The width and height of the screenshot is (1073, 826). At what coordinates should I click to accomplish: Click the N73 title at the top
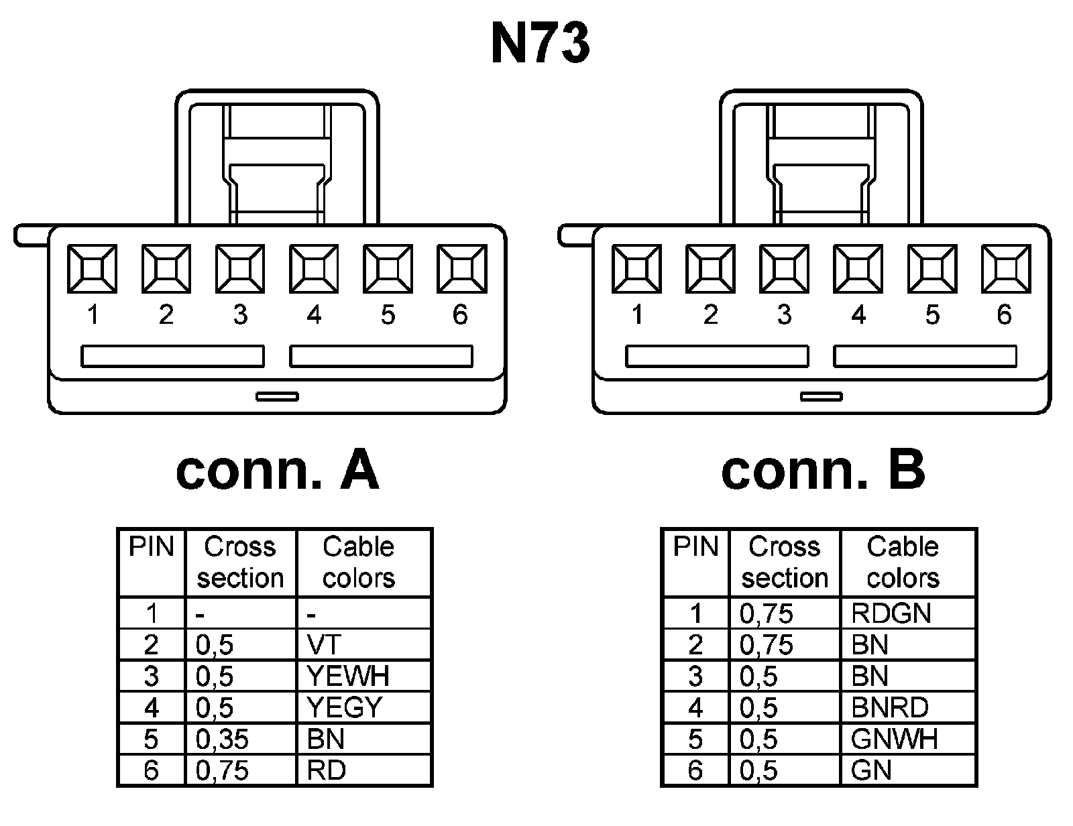pos(541,44)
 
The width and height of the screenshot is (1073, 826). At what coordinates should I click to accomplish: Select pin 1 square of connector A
pos(92,269)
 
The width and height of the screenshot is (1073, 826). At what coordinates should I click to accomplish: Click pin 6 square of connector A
pos(461,269)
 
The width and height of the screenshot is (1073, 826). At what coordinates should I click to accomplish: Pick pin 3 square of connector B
pos(784,269)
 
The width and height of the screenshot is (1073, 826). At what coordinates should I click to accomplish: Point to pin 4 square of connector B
pos(858,269)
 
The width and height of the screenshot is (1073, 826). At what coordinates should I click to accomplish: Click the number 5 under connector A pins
pos(388,315)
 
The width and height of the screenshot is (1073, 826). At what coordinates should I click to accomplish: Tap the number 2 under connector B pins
pos(711,315)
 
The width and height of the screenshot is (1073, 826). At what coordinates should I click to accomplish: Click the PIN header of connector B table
pos(695,547)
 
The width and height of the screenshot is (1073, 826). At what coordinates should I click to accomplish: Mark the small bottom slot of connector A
pos(277,396)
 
